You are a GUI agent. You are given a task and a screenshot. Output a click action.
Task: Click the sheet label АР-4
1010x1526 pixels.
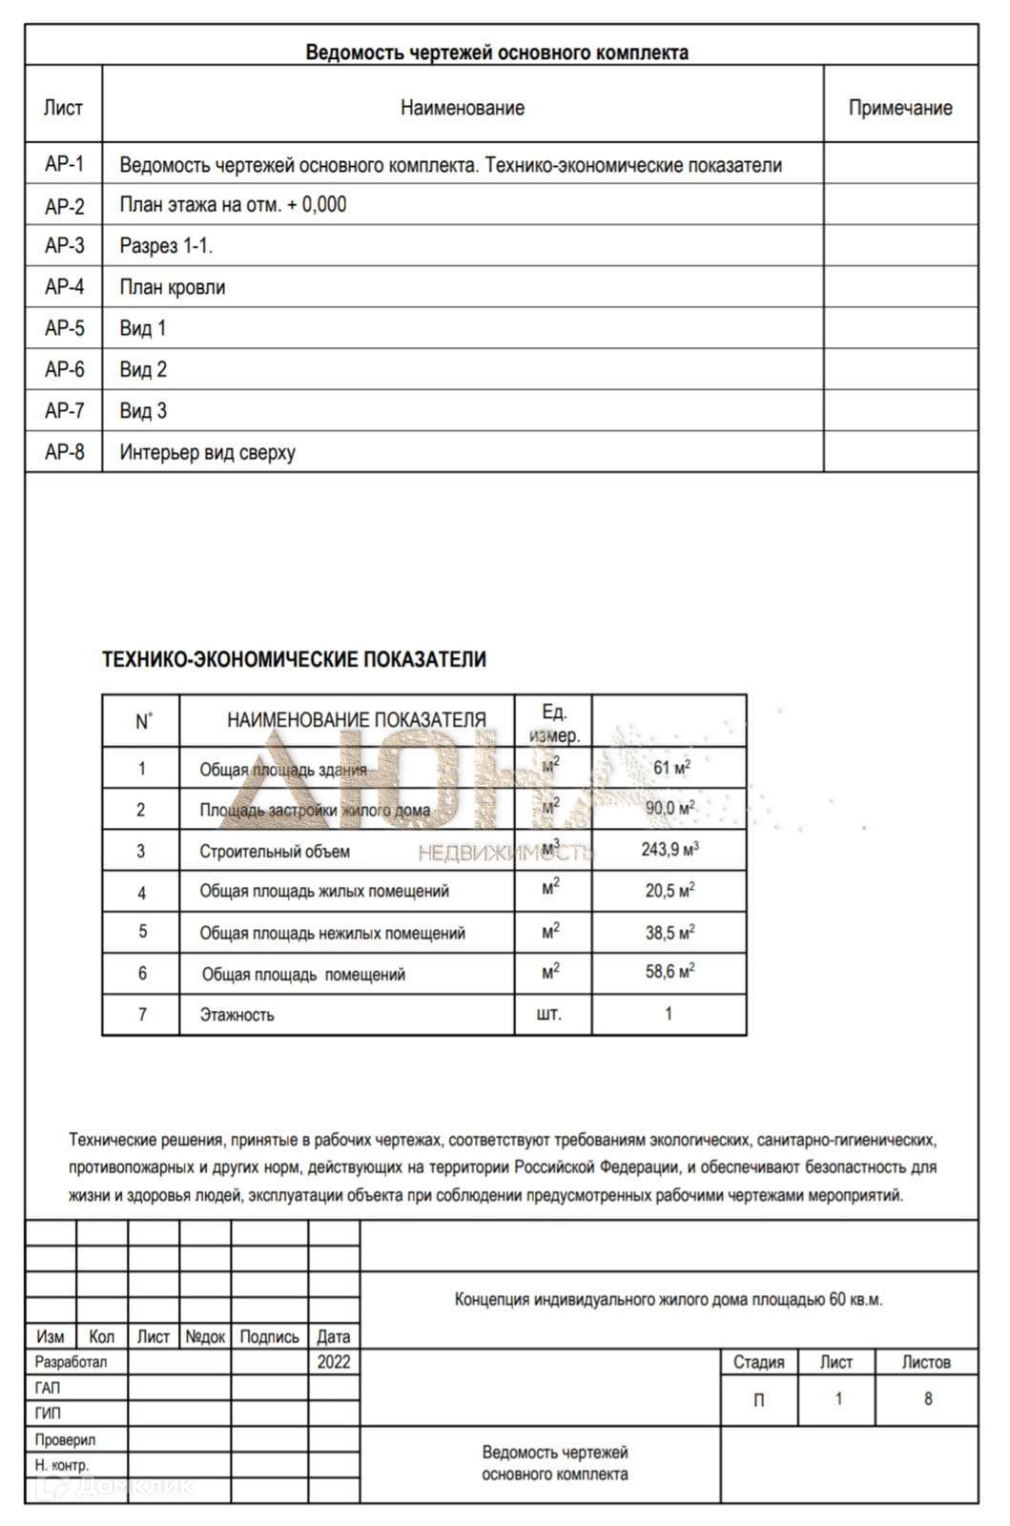(x=64, y=287)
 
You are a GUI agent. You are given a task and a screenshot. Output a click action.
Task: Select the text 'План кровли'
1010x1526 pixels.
(x=173, y=287)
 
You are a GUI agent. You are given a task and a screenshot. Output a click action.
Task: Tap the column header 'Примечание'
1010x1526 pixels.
(x=900, y=108)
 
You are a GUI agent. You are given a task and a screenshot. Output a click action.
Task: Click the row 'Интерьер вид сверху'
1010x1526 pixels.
(x=208, y=452)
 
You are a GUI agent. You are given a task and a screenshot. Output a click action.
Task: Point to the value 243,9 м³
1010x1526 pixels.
(x=670, y=849)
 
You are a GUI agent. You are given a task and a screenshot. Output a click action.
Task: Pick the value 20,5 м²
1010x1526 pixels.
(x=670, y=890)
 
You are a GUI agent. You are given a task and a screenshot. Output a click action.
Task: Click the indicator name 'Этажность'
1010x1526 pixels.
(x=237, y=1015)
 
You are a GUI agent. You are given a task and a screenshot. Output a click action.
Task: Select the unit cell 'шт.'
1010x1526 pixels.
(x=550, y=1014)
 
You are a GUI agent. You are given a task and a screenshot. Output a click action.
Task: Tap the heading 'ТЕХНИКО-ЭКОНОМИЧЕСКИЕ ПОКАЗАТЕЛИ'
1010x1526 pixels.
(x=294, y=659)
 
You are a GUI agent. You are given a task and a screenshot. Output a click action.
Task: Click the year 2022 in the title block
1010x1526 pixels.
(x=334, y=1362)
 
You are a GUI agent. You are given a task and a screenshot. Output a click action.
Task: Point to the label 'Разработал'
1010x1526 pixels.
(x=72, y=1362)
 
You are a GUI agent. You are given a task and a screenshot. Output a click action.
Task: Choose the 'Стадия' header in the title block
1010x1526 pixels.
(x=758, y=1362)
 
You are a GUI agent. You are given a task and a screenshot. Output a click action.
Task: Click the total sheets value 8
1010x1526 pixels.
(x=927, y=1399)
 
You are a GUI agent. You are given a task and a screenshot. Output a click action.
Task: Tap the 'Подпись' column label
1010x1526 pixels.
(x=269, y=1337)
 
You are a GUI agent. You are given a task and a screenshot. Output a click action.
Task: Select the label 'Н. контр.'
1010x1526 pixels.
(x=62, y=1465)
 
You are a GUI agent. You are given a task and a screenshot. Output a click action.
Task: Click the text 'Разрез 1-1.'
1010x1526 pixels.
(x=166, y=246)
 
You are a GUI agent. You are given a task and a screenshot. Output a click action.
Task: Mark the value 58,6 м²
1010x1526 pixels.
(x=670, y=972)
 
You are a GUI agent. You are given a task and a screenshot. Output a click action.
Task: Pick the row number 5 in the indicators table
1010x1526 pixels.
(x=142, y=932)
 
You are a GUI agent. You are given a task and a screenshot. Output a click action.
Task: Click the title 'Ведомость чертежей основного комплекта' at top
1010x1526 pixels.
(x=497, y=52)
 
